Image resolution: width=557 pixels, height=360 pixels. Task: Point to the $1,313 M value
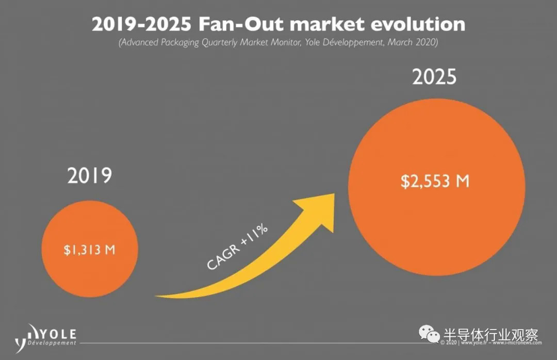click(89, 250)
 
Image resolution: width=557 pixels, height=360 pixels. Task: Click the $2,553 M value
click(436, 181)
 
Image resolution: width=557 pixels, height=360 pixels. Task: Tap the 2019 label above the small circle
click(89, 176)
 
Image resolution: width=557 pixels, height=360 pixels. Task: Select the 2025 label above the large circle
click(434, 77)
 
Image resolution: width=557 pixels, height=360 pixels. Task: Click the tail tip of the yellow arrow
click(158, 296)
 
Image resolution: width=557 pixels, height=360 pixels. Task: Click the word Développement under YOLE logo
click(52, 343)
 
